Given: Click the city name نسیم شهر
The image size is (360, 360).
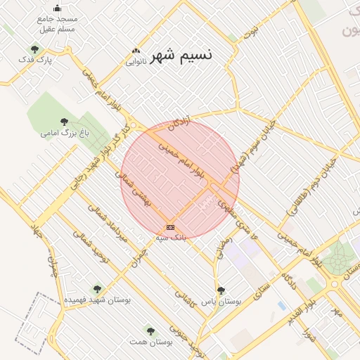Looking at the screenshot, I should tap(181, 54).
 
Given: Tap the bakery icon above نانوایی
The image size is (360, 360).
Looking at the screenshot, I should tap(136, 51).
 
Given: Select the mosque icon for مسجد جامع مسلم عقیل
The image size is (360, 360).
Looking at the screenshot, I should tap(57, 8).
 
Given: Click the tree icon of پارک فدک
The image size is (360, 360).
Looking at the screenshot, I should tap(34, 49).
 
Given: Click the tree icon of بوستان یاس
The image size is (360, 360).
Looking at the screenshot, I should tap(221, 290).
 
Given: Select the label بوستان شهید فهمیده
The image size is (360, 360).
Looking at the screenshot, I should tap(97, 300).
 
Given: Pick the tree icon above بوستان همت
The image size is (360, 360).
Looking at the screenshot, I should tap(148, 330).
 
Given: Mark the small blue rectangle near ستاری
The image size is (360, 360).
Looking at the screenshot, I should tap(282, 306).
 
